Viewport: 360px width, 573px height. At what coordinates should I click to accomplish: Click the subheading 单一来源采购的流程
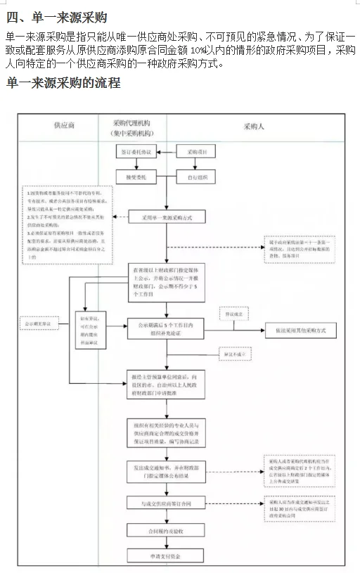coord(64,83)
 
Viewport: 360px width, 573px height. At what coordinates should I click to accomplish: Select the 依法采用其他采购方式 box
coord(301,330)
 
